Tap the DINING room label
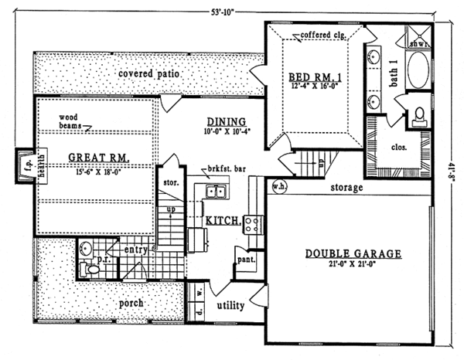point(226,122)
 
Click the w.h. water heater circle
point(278,186)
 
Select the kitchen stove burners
point(253,224)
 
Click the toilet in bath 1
point(420,114)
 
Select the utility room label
point(230,307)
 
